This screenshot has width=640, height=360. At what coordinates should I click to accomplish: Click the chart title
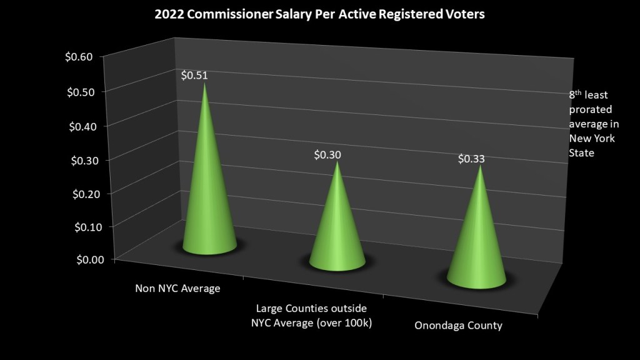tap(319, 14)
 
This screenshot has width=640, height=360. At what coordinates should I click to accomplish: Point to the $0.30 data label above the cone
tap(327, 154)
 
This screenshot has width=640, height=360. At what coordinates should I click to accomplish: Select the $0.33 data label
tap(471, 159)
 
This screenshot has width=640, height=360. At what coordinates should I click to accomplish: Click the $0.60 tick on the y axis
tap(79, 57)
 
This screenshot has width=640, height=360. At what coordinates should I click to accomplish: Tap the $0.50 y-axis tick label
tap(79, 91)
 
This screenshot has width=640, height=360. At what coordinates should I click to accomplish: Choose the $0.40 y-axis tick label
tap(79, 126)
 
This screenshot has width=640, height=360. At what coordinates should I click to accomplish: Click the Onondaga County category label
tap(458, 326)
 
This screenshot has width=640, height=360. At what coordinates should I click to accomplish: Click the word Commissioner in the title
tap(225, 14)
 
